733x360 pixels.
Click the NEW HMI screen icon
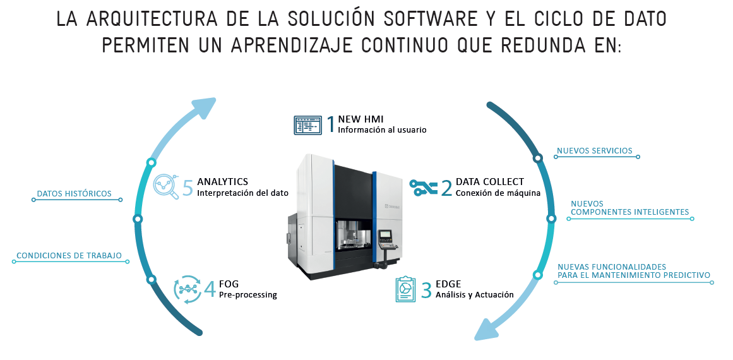[307, 125]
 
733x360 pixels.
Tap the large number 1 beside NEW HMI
[330, 124]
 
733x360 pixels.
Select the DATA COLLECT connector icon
[424, 187]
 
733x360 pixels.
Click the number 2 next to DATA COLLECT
[446, 188]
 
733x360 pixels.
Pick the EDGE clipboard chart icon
[405, 289]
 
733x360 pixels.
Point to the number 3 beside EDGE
[426, 289]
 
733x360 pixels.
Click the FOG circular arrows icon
[188, 289]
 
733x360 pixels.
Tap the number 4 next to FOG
[210, 289]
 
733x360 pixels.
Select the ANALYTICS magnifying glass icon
[167, 186]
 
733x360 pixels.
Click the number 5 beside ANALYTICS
[188, 188]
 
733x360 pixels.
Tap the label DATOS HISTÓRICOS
[74, 193]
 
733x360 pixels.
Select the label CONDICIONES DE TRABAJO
[69, 256]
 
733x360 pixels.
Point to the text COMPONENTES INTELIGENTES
[630, 212]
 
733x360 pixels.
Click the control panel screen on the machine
[386, 234]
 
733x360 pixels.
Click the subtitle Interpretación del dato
[242, 193]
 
